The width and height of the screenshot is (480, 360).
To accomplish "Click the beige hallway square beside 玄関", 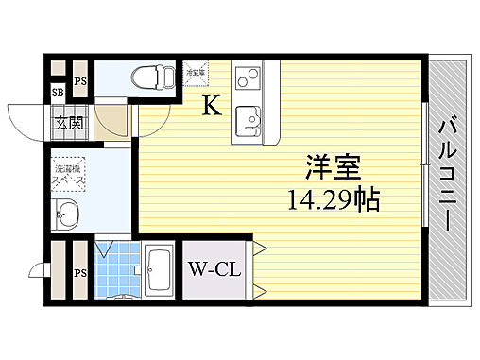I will click(115, 120).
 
